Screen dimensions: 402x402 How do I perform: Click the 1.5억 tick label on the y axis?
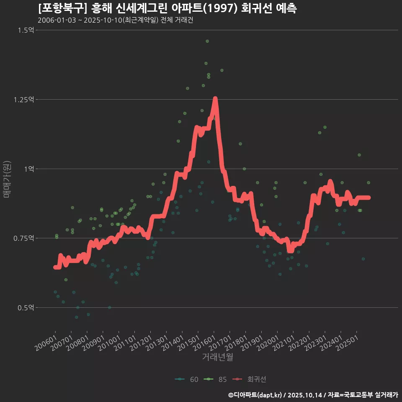(x=26, y=30)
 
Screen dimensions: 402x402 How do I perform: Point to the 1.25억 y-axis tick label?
(x=24, y=100)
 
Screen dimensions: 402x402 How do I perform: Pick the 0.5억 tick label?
(x=26, y=308)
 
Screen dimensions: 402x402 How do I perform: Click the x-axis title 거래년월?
(x=217, y=357)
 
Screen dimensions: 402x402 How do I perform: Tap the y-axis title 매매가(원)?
(x=6, y=179)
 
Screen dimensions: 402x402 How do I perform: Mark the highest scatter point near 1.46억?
(x=207, y=41)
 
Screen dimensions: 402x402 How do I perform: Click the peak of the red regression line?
(x=215, y=99)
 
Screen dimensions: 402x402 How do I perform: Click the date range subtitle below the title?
(x=115, y=20)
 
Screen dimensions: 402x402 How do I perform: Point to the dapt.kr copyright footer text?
(x=313, y=395)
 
